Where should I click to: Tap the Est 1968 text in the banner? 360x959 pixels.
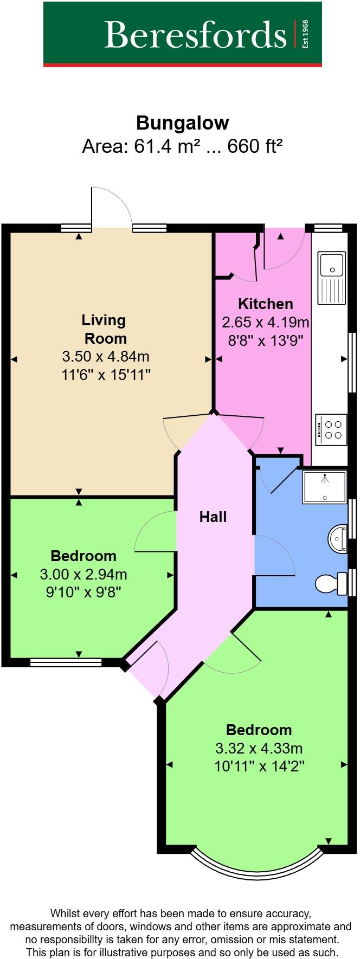click(305, 34)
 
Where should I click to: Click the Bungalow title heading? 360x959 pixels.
click(182, 123)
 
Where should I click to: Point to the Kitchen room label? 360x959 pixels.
click(265, 304)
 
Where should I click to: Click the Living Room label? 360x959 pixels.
click(105, 329)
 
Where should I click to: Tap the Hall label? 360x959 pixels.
click(213, 517)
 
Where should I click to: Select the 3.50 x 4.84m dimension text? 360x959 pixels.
click(106, 357)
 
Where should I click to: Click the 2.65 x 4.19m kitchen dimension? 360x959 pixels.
click(265, 323)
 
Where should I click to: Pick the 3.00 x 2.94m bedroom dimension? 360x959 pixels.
click(83, 574)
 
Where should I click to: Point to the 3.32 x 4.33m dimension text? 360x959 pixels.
click(259, 749)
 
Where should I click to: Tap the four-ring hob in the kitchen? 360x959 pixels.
click(331, 430)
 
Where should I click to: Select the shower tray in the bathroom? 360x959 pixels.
click(324, 487)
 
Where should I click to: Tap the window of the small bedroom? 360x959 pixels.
click(66, 662)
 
